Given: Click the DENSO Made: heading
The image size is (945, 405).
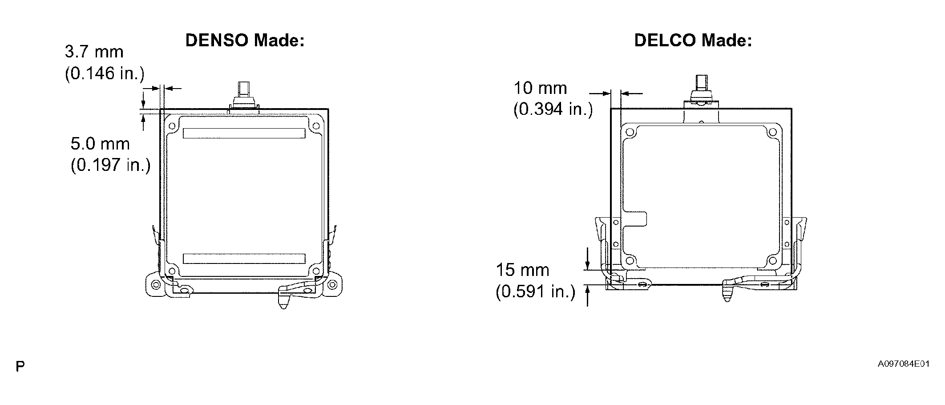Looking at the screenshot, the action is pos(245,40).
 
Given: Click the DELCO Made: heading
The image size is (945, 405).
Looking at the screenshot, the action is pos(693,40).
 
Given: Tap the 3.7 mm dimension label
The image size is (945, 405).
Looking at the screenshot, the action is pos(94,52).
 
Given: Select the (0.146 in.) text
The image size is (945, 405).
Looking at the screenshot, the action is pos(105,73).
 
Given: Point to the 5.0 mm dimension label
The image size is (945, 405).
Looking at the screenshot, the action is pos(100,144).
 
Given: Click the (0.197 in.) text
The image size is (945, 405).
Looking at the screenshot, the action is pos(111,165).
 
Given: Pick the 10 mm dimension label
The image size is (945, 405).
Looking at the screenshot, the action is pos(541,88).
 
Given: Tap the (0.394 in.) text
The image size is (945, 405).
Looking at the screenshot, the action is pos(553,109).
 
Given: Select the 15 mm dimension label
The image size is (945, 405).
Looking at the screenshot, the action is pos(523,270).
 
